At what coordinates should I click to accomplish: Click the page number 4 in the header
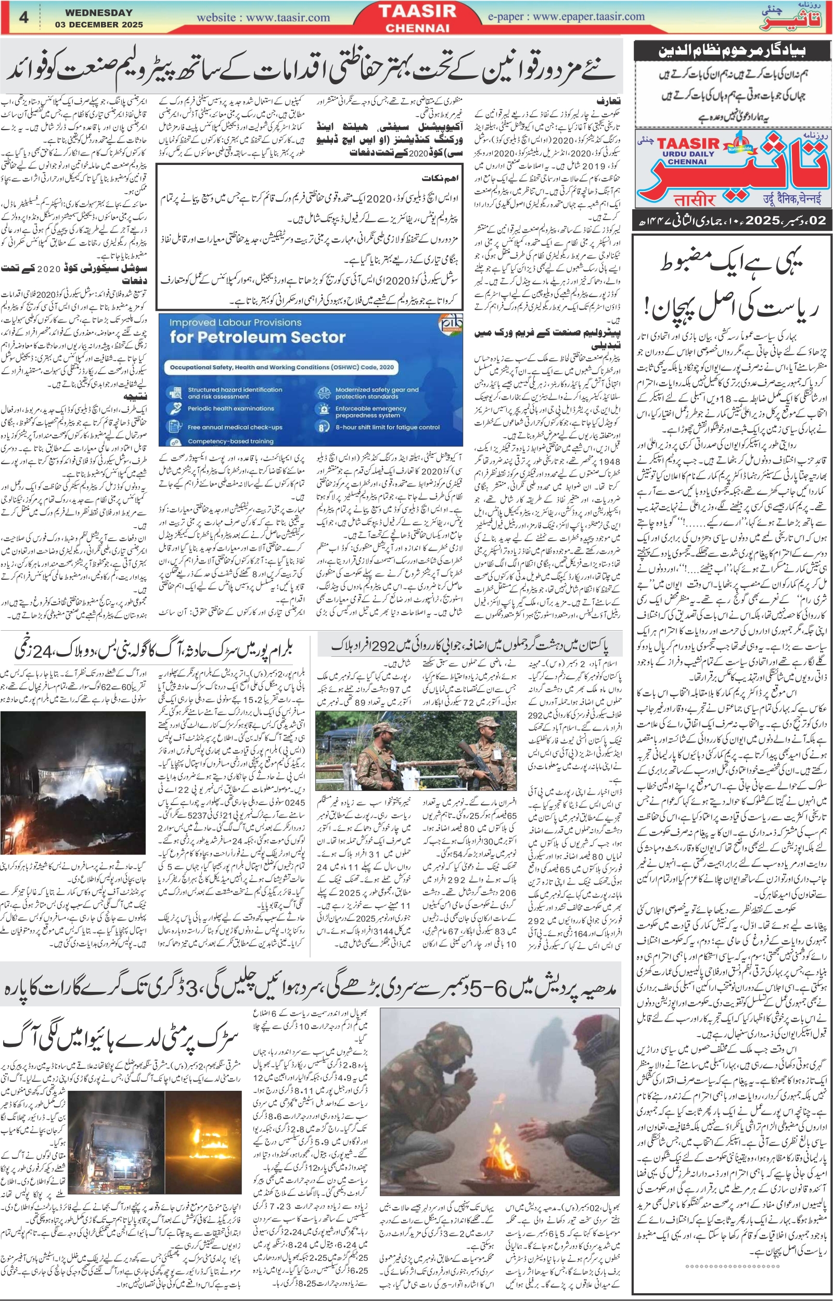(23, 17)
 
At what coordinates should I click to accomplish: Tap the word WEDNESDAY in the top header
(98, 12)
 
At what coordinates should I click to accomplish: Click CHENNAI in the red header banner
(417, 28)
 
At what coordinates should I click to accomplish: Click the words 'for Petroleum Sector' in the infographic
(257, 338)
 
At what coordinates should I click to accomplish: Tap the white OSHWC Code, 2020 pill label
(281, 367)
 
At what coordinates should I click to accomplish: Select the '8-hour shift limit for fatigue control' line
(387, 427)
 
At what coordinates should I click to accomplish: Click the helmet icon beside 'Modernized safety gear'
(324, 392)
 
